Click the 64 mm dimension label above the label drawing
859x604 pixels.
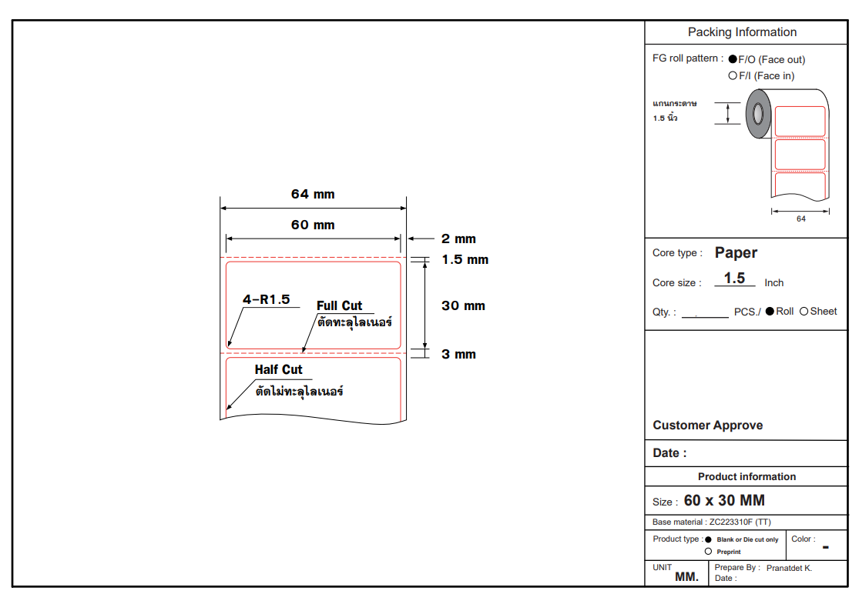point(313,195)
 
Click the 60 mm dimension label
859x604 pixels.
point(313,225)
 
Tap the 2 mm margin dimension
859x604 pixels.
point(458,239)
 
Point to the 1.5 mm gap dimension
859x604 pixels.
point(465,260)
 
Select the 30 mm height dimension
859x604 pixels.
point(463,306)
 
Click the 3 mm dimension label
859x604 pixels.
point(458,355)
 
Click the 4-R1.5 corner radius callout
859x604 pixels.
point(266,299)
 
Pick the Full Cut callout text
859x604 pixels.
point(339,305)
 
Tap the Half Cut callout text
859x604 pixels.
point(278,370)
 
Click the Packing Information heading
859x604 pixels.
point(742,32)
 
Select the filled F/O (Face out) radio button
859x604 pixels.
point(733,59)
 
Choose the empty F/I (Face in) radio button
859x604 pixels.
point(733,75)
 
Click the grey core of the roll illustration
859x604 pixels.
point(757,114)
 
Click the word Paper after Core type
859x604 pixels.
point(736,253)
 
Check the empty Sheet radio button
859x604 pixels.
point(804,312)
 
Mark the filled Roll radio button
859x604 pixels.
point(770,312)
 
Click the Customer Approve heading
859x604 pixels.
point(707,425)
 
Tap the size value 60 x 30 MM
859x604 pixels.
point(724,501)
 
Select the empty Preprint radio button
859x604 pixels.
point(708,552)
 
